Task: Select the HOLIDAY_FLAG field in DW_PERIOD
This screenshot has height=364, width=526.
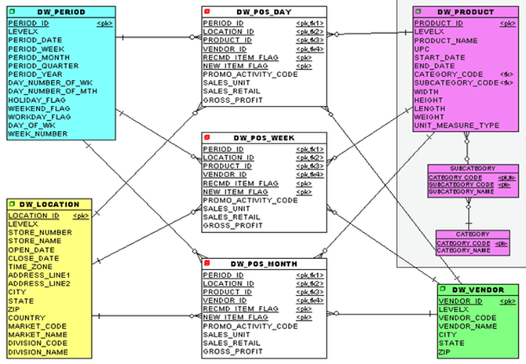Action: click(34, 100)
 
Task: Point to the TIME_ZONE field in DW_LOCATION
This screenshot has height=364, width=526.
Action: click(32, 267)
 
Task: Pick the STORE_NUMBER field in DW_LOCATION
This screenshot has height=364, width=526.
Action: click(40, 232)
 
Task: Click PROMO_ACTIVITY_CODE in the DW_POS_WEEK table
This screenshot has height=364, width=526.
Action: click(250, 200)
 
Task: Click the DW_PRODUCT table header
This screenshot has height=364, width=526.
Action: click(466, 13)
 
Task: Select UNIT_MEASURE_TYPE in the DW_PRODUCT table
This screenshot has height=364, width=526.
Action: click(457, 126)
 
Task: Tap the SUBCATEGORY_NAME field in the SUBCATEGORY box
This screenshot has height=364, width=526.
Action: click(460, 191)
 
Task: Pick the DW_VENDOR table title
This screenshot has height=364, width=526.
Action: click(478, 290)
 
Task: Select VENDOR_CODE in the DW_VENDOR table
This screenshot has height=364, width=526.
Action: click(467, 318)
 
